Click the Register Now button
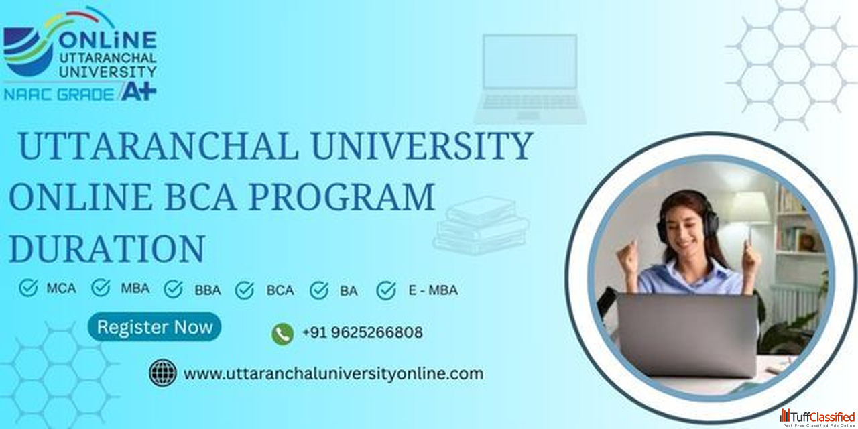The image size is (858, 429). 154,327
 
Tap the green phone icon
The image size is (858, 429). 283,334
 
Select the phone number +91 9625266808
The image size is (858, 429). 363,332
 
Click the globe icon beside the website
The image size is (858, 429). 163,373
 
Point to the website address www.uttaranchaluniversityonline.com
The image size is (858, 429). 333,373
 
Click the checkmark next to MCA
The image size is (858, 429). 28,288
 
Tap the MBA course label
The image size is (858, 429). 135,288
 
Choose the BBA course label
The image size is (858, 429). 208,290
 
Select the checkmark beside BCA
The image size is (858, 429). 245,290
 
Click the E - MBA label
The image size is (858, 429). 433,290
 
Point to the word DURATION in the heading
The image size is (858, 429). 107,249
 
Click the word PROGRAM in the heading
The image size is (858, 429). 342,197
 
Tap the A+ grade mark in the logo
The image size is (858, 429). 139,92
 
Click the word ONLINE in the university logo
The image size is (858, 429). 108,40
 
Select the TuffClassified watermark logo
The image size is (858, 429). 817,418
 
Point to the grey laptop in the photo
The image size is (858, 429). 687,334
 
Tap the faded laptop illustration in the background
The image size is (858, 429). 530,78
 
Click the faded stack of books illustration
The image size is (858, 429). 481,225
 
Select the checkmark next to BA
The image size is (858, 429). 319,290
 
